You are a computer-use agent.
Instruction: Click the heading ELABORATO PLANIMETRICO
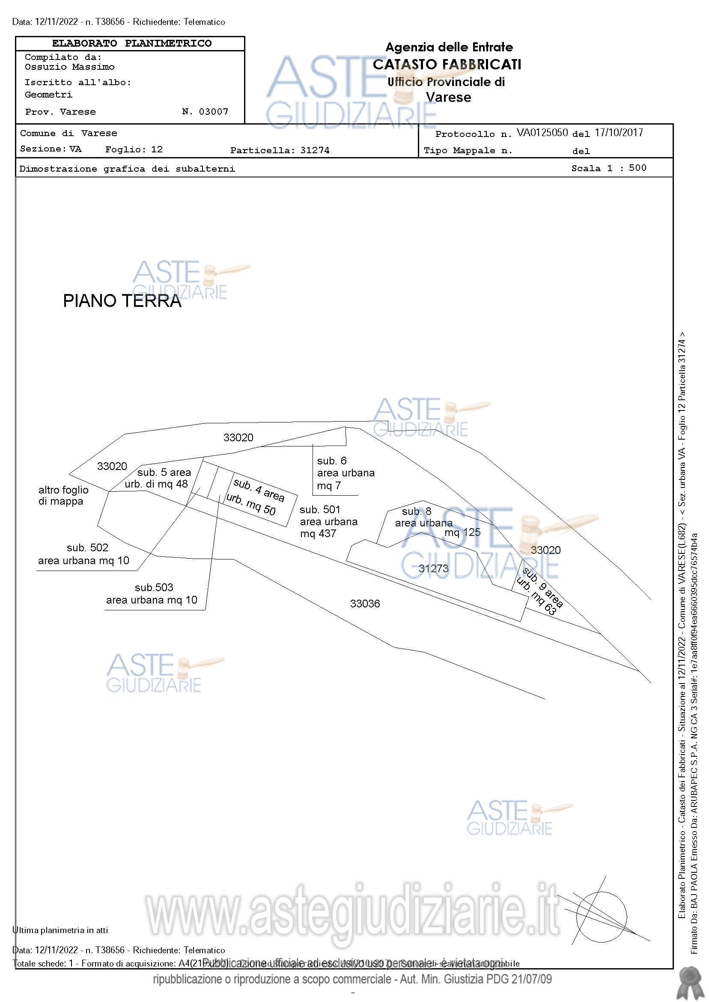pos(131,44)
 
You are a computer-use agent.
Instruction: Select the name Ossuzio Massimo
pos(69,67)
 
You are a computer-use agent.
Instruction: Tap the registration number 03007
pos(214,112)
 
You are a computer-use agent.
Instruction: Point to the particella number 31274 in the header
pos(315,151)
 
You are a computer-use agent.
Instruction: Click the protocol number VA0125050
pos(542,133)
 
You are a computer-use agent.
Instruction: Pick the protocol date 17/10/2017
pos(619,133)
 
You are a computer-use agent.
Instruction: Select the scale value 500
pos(638,168)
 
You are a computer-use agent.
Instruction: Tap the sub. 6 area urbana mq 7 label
pos(346,473)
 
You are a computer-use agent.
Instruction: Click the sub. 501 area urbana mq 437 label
pos(328,521)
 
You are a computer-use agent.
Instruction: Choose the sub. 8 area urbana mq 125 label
pos(437,522)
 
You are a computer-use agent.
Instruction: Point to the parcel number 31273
pos(433,568)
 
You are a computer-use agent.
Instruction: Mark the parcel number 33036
pos(365,604)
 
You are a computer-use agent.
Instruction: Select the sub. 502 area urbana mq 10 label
pos(83,554)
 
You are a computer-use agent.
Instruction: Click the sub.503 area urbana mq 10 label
pos(152,594)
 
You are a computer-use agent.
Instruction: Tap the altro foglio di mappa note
pos(63,495)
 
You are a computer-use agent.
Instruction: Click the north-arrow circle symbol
pos(602,917)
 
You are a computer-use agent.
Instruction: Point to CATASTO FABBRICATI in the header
pos(447,65)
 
